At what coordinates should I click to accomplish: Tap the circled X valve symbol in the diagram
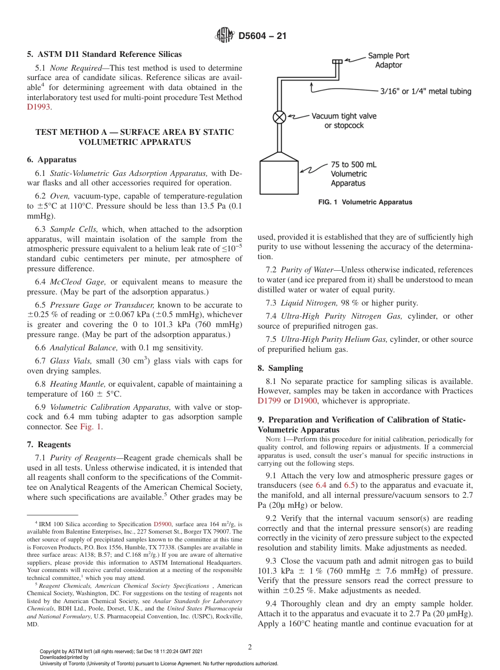(279, 117)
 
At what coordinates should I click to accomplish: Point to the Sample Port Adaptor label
(388, 60)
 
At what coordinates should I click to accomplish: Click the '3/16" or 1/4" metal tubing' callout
(425, 91)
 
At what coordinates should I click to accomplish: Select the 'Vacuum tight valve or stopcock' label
(344, 121)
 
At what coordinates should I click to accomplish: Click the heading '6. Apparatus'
(51, 160)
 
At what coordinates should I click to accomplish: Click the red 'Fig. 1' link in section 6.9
(91, 427)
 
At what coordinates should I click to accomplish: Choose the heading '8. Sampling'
(280, 368)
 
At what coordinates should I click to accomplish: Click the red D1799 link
(269, 401)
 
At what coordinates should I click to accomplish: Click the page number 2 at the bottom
(250, 647)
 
